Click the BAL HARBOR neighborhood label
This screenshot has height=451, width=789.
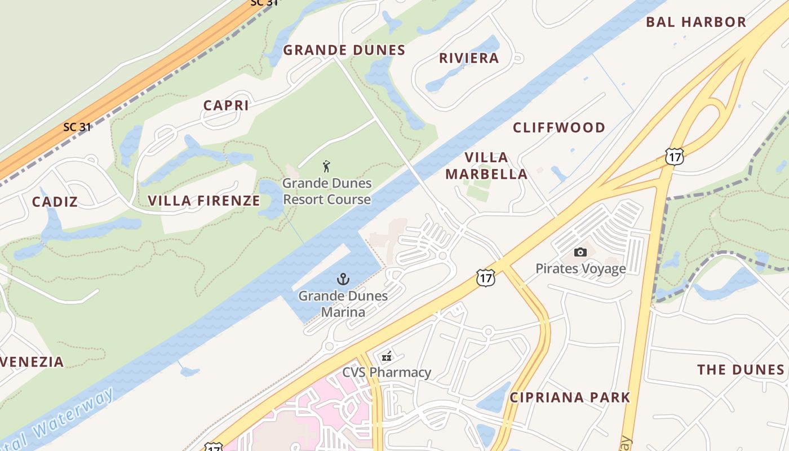(x=696, y=22)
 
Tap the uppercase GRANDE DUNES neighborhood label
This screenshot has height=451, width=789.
(x=344, y=50)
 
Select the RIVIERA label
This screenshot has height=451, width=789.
(x=469, y=58)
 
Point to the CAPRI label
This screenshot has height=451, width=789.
(x=226, y=105)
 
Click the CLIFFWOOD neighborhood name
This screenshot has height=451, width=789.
(x=558, y=127)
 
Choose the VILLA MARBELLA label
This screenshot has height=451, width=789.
(x=486, y=166)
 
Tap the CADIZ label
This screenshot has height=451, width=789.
(x=55, y=202)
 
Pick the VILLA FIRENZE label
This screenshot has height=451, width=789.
(x=204, y=201)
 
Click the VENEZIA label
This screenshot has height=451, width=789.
(x=33, y=362)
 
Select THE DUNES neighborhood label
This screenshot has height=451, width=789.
(x=741, y=370)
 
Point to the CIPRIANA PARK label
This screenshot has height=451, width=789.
(x=570, y=397)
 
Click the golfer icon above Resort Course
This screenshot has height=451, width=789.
(x=326, y=166)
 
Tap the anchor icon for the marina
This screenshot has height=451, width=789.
(x=343, y=279)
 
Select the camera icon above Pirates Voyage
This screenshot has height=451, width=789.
(x=580, y=252)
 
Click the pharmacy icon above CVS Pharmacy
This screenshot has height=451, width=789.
(x=387, y=356)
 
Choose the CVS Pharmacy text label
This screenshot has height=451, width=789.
(x=387, y=373)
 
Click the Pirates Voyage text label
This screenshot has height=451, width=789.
(x=580, y=268)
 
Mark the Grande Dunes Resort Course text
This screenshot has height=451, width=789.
(x=327, y=191)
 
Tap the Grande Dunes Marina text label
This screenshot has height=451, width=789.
(x=343, y=304)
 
